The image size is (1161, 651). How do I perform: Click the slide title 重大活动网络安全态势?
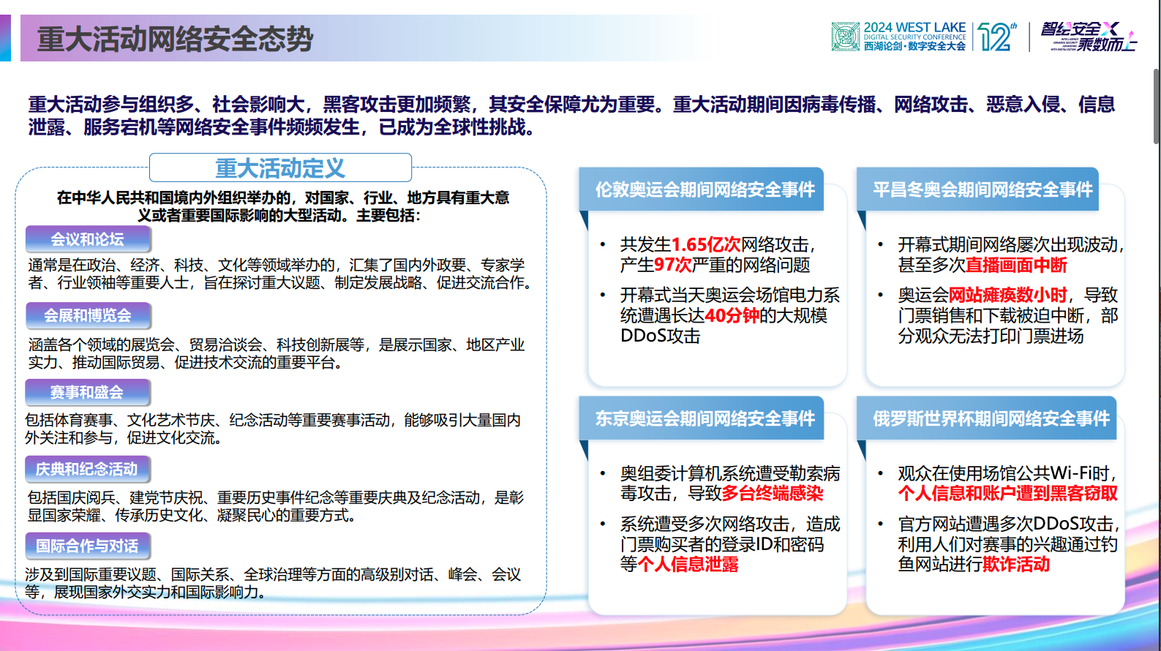(x=176, y=39)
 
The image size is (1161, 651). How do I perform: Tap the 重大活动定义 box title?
(x=280, y=168)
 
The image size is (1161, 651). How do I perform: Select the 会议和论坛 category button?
(x=88, y=239)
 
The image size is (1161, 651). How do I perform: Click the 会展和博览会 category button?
(x=88, y=315)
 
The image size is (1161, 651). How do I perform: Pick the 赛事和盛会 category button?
(x=87, y=392)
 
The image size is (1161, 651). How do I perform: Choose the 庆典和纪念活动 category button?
(x=87, y=469)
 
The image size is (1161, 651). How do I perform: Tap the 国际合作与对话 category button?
(x=87, y=546)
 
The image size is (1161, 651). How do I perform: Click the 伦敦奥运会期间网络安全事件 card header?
(x=704, y=189)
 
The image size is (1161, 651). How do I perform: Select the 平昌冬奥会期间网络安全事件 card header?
(x=982, y=189)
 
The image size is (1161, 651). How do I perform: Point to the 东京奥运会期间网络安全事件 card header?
(x=704, y=418)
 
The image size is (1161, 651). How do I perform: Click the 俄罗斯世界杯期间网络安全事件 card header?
(x=990, y=418)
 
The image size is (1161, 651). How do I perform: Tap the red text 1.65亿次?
(x=706, y=244)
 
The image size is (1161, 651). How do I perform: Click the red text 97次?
(x=673, y=265)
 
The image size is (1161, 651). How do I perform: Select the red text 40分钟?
(x=732, y=315)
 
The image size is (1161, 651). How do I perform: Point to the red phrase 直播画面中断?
(x=1016, y=265)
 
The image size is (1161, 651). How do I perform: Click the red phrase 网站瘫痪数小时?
(x=1007, y=295)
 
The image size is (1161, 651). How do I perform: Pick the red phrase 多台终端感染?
(x=773, y=494)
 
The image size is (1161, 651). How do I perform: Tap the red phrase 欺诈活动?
(x=1016, y=564)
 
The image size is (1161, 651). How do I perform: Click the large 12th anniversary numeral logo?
(x=996, y=37)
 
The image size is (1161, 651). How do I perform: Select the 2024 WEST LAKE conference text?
(x=914, y=28)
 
